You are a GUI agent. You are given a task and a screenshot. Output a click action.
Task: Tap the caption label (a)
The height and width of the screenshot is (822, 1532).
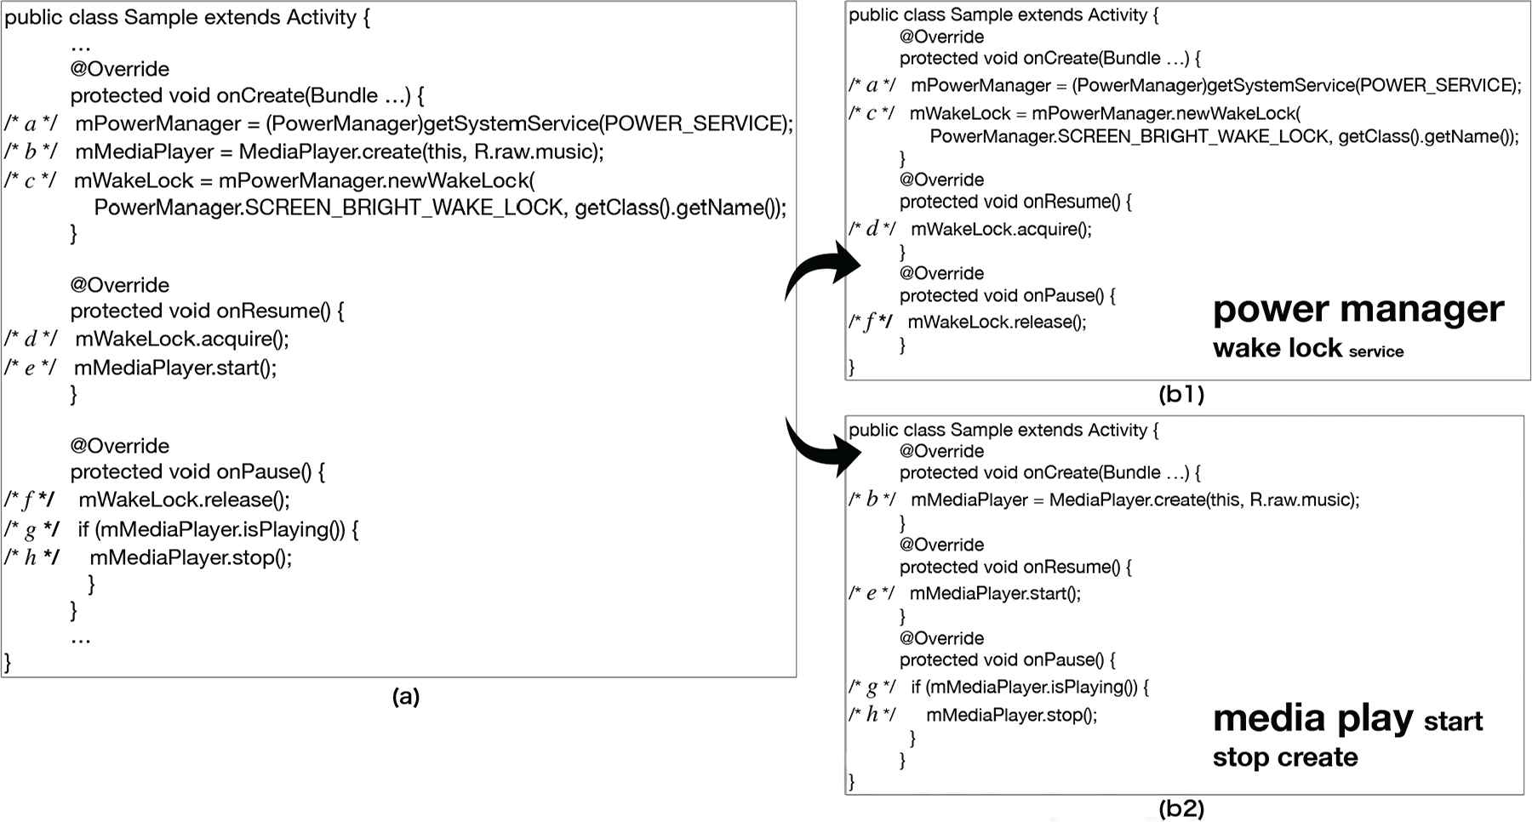405,697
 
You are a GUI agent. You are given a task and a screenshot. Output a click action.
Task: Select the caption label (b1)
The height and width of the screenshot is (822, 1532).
1181,394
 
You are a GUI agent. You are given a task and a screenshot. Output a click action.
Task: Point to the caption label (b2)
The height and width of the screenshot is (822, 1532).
1181,808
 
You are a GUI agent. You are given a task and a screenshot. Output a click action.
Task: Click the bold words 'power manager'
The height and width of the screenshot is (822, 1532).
1358,311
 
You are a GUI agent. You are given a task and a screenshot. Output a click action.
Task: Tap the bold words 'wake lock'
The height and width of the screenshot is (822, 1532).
1277,348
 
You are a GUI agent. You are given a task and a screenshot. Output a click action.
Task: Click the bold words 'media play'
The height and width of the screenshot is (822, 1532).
1312,719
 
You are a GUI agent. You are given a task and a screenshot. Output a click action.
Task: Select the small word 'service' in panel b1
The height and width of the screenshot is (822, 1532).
1375,351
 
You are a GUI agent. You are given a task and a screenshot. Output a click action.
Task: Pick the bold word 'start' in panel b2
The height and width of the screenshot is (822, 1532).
1453,722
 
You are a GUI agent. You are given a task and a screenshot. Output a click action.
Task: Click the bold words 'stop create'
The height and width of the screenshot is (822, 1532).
1285,757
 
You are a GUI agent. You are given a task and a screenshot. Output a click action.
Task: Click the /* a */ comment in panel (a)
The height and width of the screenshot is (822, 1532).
31,124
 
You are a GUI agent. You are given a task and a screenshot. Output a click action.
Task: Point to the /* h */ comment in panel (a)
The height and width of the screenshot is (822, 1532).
31,557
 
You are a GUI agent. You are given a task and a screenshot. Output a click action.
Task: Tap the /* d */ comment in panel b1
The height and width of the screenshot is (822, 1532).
872,229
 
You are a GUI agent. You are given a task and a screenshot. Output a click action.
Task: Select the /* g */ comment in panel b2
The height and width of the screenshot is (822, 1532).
872,688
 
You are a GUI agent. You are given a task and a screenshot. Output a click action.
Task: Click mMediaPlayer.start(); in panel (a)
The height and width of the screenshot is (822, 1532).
175,368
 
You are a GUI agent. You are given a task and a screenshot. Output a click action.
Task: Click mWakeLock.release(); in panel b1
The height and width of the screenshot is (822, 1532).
997,323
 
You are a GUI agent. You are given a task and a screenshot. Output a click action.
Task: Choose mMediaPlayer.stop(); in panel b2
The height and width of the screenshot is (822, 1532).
1011,715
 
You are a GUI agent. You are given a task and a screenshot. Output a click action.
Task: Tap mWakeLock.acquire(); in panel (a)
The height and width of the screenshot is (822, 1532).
182,340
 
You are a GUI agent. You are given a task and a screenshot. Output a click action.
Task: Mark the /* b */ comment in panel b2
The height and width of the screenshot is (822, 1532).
872,499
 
